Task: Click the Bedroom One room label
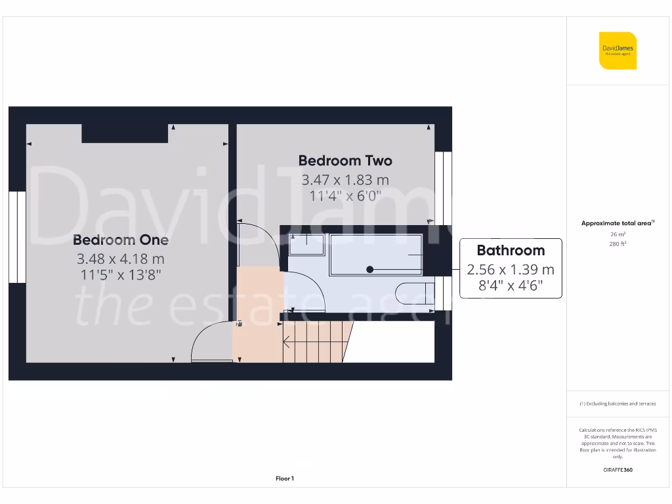point(121,240)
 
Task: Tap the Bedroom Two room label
point(345,161)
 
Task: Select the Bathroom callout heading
point(511,251)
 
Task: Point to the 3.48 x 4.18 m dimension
point(121,259)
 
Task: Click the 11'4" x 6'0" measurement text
point(345,196)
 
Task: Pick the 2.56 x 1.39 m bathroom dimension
point(511,270)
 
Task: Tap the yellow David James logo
point(618,51)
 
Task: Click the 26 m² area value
point(617,234)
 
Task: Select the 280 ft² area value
point(617,244)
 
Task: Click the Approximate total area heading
point(617,223)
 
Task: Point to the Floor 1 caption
point(285,479)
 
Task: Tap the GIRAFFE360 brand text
point(618,470)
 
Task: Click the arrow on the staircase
point(288,341)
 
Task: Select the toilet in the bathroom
point(416,293)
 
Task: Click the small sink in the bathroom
point(306,244)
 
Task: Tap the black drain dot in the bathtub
point(370,269)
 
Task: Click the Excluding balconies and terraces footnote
point(618,404)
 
